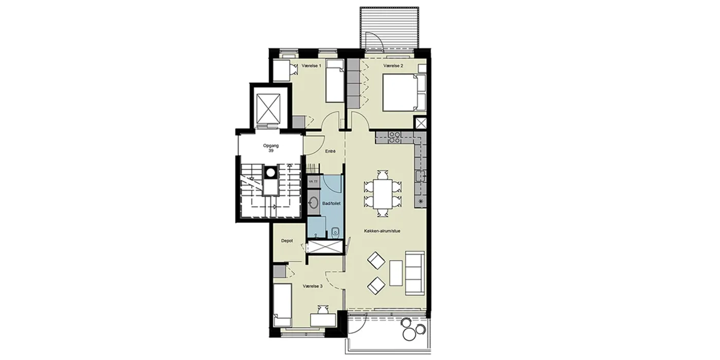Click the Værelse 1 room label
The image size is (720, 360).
(312, 66)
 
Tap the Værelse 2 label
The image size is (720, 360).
(393, 66)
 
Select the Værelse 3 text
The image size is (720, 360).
(313, 286)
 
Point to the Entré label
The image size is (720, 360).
(330, 151)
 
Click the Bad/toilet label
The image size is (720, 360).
(331, 204)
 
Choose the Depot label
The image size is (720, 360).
(287, 241)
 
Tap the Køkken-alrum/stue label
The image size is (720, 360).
(382, 231)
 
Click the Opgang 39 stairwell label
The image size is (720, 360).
(271, 148)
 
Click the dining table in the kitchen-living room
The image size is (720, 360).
(383, 194)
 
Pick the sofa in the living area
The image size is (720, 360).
(415, 273)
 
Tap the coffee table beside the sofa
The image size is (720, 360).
(396, 273)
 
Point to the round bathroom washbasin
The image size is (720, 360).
(313, 203)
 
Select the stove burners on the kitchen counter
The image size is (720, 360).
(394, 137)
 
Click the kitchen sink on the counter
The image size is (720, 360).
(420, 176)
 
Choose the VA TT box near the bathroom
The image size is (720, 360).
(313, 182)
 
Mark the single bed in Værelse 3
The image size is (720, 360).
(282, 305)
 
